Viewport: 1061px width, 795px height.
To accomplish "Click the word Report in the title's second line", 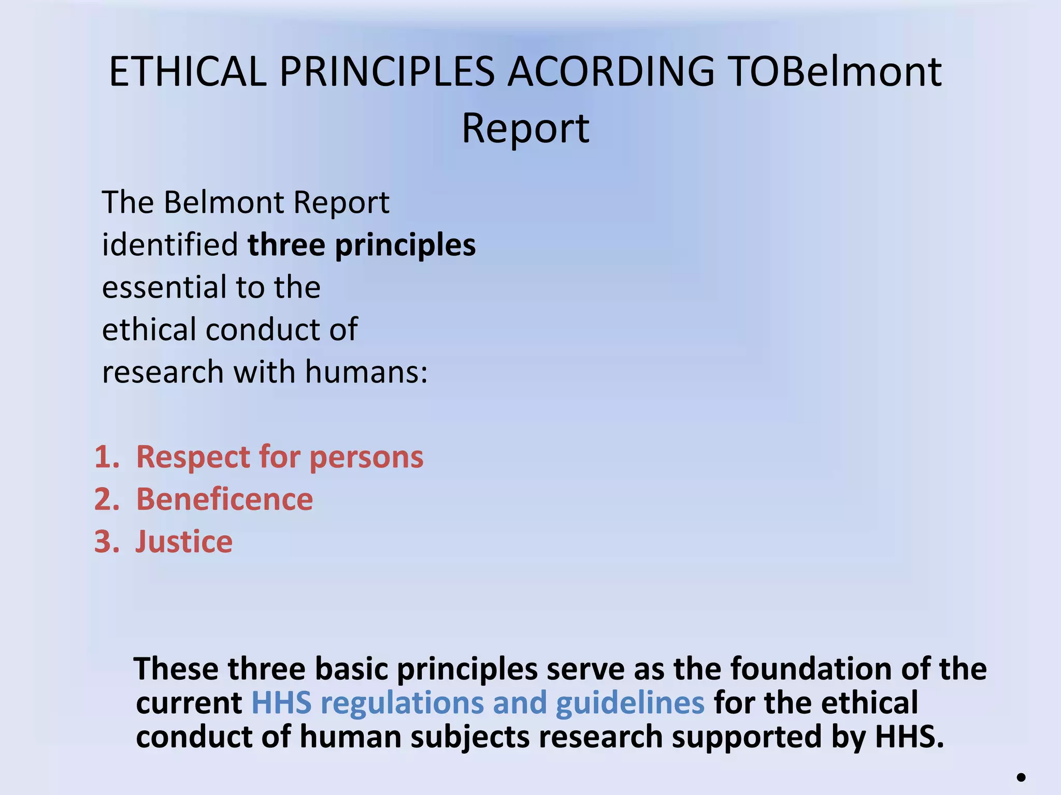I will point(525,128).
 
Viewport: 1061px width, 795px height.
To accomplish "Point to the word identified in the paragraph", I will point(170,245).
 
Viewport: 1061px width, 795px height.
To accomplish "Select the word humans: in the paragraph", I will point(366,372).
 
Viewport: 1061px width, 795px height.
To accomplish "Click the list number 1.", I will point(107,458).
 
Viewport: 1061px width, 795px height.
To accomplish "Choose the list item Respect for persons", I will point(280,458).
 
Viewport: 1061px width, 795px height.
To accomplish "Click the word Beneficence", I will point(224,500).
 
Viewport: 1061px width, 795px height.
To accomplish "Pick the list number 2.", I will point(107,500).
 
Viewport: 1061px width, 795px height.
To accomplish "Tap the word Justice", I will point(184,542).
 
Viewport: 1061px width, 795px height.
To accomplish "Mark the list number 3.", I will point(107,542).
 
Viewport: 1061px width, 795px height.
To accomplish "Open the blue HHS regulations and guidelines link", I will point(478,703).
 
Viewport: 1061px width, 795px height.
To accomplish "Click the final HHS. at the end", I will point(910,737).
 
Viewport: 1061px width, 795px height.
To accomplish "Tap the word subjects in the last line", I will point(470,737).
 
